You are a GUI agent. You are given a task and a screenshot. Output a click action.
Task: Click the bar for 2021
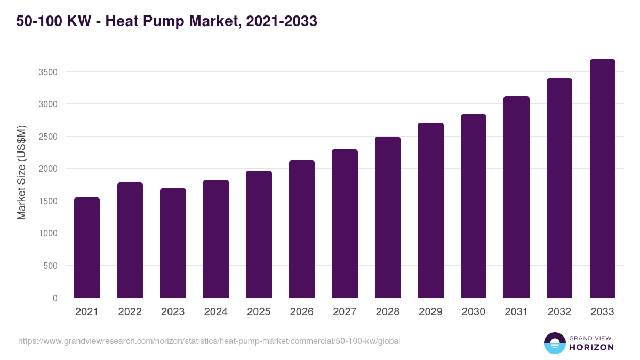87,247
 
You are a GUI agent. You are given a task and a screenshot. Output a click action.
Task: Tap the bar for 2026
302,229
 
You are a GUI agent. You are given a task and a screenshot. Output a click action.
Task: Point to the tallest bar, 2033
602,178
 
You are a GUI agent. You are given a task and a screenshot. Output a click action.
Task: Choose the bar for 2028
388,217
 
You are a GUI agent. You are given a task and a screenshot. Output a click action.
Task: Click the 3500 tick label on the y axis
47,72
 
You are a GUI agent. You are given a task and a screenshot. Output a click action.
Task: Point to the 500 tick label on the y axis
50,266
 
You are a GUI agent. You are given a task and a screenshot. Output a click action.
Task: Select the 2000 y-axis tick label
47,169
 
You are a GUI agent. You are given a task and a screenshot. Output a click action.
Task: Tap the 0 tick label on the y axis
55,298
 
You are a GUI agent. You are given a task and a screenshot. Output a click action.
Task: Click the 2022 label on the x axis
130,312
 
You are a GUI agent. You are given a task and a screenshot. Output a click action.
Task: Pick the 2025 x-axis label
259,312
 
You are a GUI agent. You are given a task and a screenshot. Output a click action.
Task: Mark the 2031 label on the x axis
516,312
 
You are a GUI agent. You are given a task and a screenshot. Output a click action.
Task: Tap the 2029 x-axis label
430,312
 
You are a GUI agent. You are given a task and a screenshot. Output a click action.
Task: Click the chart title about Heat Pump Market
166,21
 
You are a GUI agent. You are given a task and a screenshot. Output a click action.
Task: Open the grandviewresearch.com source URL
209,341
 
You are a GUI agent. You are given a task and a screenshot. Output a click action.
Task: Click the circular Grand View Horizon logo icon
554,343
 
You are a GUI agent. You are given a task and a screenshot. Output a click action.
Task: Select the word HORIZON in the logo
591,347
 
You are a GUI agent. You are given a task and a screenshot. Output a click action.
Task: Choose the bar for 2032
559,188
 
